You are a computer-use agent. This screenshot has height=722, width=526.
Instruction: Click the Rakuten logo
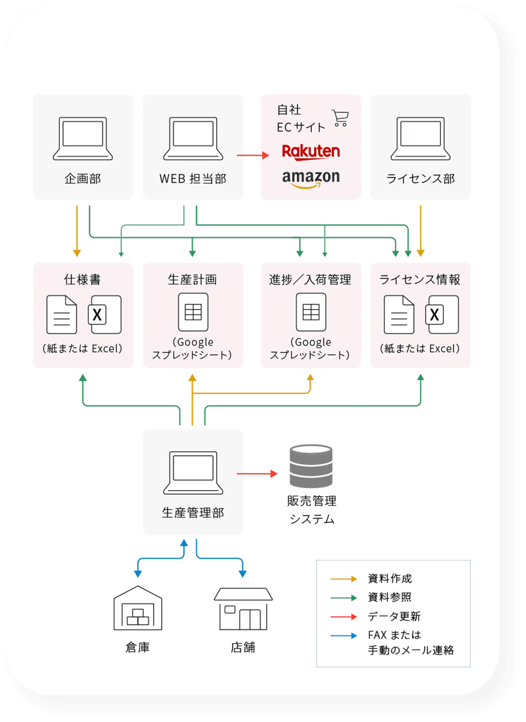click(x=311, y=152)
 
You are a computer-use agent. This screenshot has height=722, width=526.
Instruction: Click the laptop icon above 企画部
click(x=83, y=139)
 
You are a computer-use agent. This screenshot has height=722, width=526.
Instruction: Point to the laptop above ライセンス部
click(x=420, y=139)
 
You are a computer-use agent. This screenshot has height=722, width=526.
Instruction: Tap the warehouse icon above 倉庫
click(x=138, y=608)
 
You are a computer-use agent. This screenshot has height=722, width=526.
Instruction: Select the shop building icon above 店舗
click(x=243, y=609)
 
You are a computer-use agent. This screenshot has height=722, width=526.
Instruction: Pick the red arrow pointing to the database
click(x=257, y=473)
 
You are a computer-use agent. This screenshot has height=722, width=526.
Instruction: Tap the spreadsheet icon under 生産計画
click(x=193, y=312)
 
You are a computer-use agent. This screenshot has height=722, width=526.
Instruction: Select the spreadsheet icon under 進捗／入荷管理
click(x=311, y=312)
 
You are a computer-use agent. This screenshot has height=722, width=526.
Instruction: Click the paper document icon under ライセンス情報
click(x=399, y=315)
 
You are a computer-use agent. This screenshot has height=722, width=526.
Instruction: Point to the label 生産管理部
click(x=193, y=513)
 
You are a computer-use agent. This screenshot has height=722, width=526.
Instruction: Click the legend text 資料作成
click(x=390, y=579)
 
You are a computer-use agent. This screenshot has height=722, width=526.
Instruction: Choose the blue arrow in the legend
click(x=344, y=635)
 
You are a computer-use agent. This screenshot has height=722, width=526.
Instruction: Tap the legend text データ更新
click(x=394, y=616)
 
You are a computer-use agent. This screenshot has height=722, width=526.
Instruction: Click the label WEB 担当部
click(x=193, y=179)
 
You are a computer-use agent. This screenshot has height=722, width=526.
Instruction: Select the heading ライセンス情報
click(x=420, y=280)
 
